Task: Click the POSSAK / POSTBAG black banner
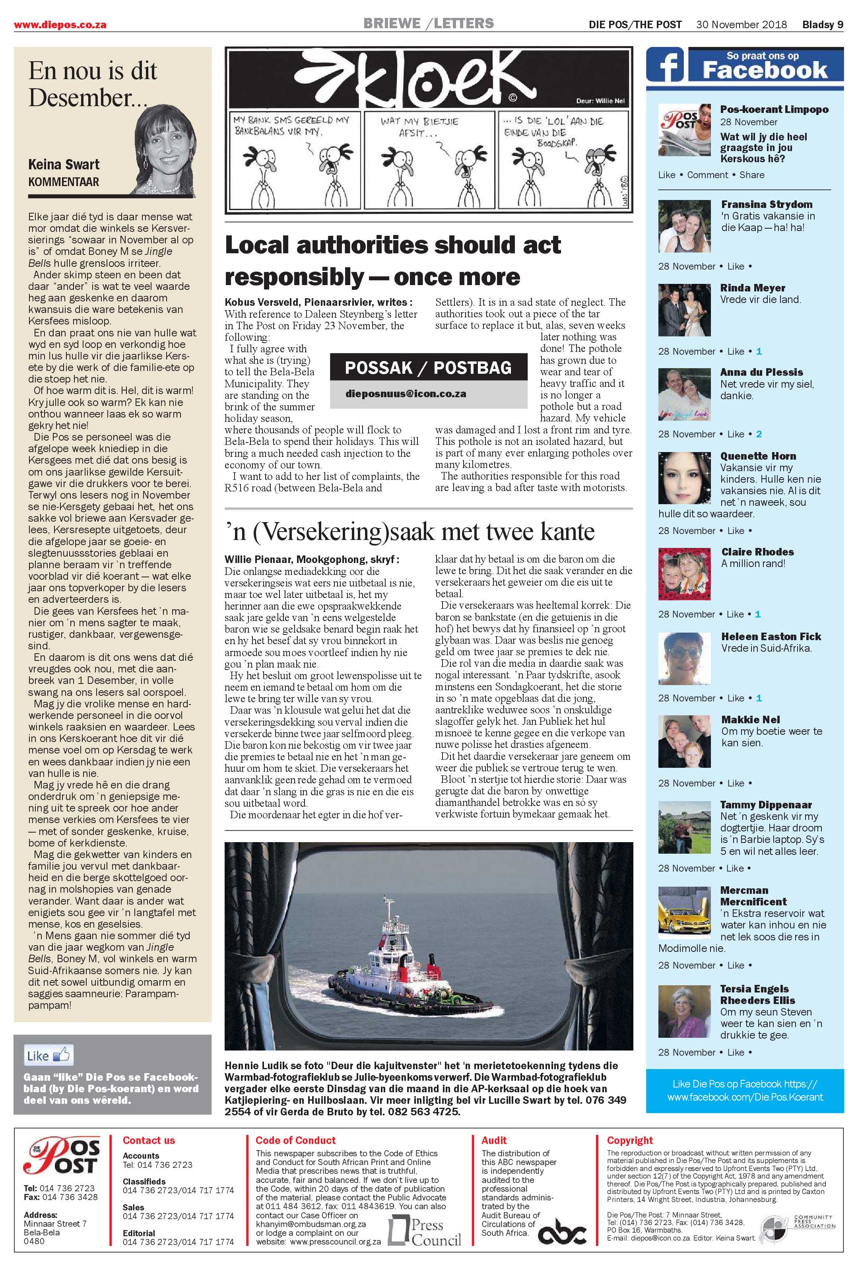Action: [428, 368]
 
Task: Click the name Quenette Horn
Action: [758, 456]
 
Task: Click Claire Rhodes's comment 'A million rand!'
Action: [753, 563]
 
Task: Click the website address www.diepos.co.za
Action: [60, 25]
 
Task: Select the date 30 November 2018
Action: [741, 25]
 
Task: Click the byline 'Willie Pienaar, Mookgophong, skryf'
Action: [311, 559]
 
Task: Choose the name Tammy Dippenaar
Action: [766, 805]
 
